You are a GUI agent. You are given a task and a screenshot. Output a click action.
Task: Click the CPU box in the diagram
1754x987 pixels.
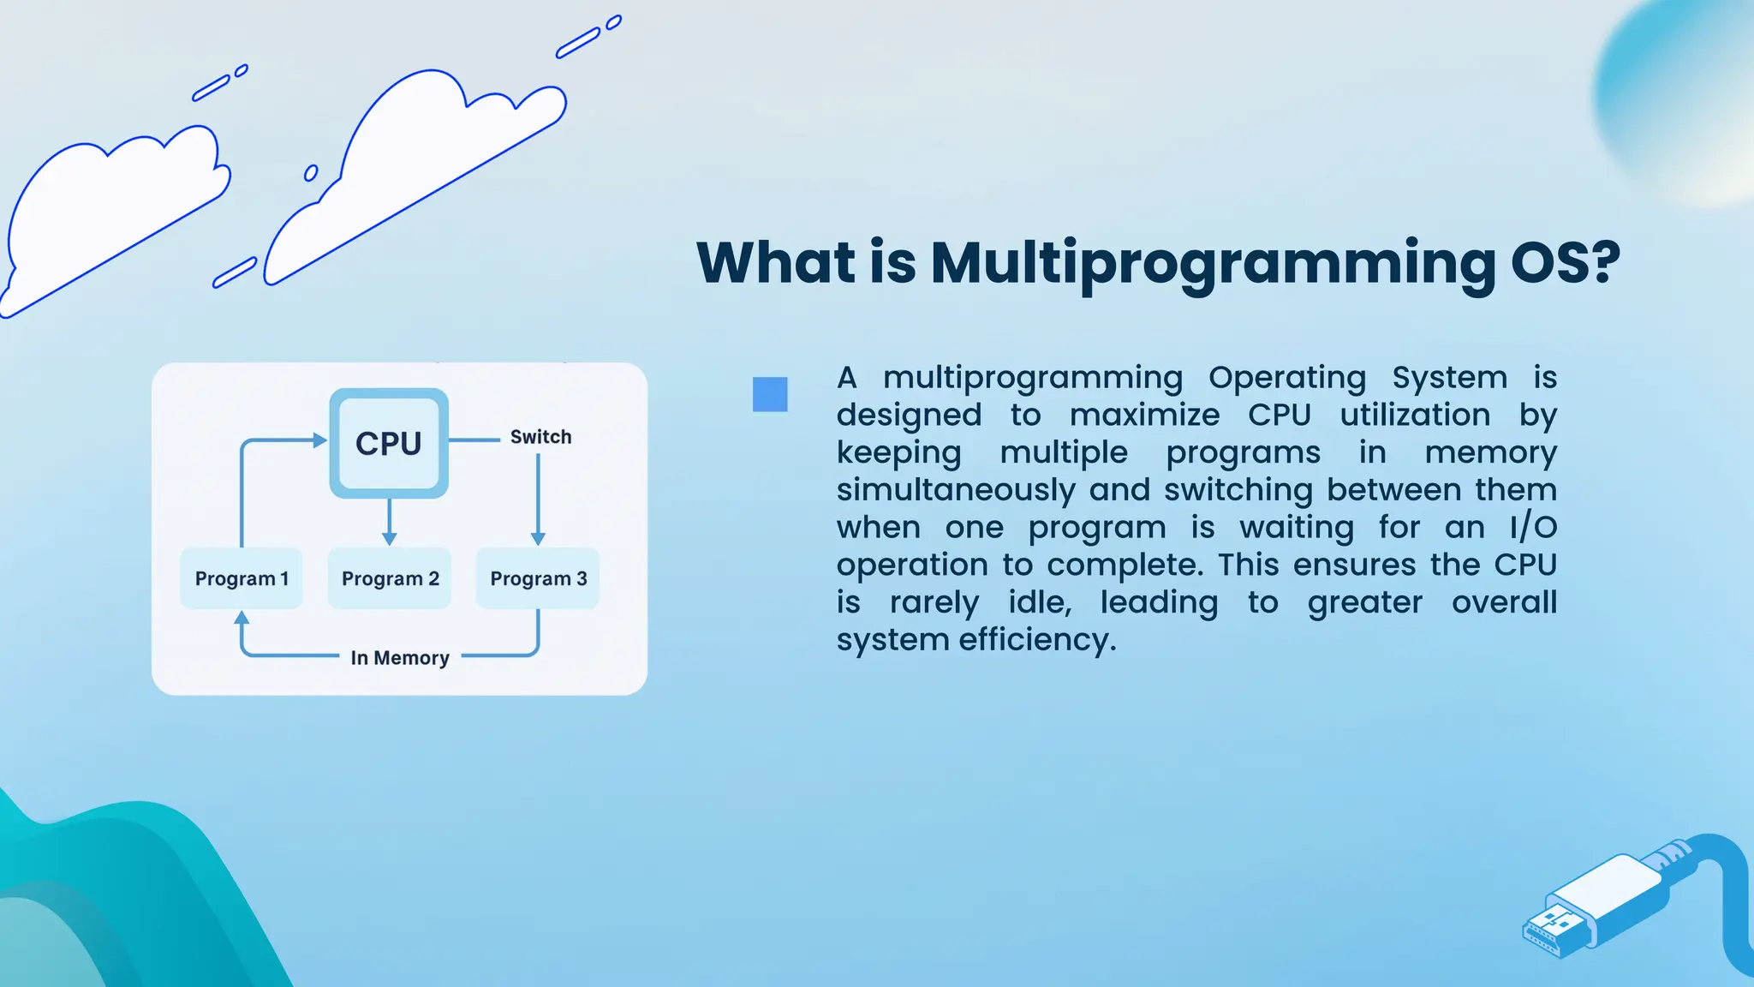pos(389,443)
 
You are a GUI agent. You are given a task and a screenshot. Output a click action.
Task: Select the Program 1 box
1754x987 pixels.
pos(242,578)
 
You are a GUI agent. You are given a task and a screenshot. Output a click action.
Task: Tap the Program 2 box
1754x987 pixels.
pos(390,578)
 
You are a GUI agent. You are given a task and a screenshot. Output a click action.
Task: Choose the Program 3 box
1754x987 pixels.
pos(538,578)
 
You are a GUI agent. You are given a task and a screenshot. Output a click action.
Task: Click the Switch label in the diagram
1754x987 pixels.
pos(540,437)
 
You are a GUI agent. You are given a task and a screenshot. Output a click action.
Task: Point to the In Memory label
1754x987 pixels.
pos(400,658)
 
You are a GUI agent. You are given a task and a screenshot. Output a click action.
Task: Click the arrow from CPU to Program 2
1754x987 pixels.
pos(390,521)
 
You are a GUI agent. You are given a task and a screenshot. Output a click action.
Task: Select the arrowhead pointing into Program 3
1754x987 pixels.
pos(538,538)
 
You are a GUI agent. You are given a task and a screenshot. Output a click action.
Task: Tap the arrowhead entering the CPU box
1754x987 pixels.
pos(319,440)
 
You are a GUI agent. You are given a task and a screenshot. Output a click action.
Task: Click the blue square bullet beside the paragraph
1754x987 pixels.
pos(770,395)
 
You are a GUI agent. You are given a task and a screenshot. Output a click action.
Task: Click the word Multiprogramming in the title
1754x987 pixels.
pos(1213,264)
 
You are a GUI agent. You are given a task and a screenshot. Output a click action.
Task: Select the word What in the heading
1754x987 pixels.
pos(776,262)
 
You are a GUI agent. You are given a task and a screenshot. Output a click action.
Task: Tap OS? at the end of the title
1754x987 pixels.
pos(1566,262)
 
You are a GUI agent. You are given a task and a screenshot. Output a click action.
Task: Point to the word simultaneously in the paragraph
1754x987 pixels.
pos(956,490)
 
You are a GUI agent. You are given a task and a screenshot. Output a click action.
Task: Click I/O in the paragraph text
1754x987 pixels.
pos(1533,528)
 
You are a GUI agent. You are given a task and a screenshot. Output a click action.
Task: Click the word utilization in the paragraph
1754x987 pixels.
pos(1415,416)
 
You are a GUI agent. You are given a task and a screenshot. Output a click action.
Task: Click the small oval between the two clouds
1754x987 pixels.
pos(311,173)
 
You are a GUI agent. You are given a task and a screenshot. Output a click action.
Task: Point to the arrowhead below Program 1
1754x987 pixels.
pos(242,618)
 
